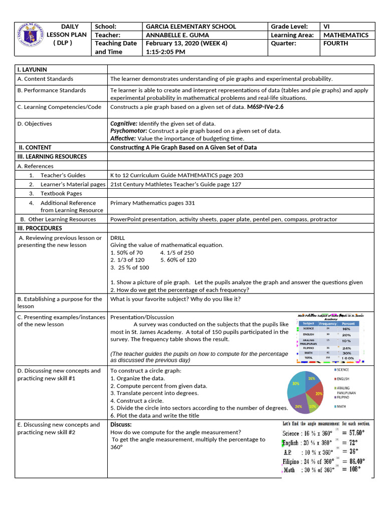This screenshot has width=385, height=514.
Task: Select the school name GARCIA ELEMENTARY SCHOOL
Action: coord(190,27)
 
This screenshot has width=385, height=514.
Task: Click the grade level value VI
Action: coord(327,27)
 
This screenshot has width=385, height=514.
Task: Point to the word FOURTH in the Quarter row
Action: coord(335,44)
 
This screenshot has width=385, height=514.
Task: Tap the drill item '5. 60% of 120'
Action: coord(178,260)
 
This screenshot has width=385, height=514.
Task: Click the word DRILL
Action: coord(118,238)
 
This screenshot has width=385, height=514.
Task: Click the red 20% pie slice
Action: coord(317,392)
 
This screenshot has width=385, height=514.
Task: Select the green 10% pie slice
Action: coord(312,405)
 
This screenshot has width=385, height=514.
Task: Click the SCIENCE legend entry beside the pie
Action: coord(343,369)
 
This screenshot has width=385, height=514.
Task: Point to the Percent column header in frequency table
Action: coord(347,324)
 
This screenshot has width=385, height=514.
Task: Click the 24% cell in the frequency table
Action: coord(347,348)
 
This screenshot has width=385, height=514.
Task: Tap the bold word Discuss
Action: coord(121,425)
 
